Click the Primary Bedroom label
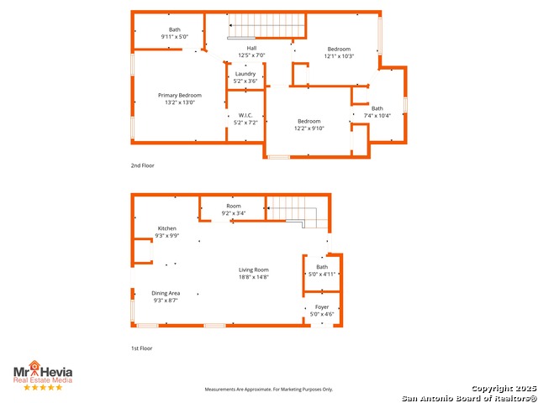pos(180,95)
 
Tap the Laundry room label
pos(245,74)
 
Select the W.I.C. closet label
pos(245,115)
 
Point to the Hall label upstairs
pos(251,48)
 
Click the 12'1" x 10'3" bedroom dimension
pos(339,56)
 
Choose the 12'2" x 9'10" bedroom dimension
pos(309,128)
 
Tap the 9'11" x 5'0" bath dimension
pos(175,37)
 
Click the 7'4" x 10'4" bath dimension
pos(377,115)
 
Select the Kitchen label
pos(166,228)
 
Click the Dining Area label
pos(166,293)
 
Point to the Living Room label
pos(253,270)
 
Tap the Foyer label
pos(322,307)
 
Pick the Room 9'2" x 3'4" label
pos(233,206)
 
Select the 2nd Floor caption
pos(142,165)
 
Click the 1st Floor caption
pos(141,348)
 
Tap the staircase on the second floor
pos(265,26)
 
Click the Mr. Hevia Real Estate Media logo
pos(42,374)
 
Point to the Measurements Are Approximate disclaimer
pos(269,390)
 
